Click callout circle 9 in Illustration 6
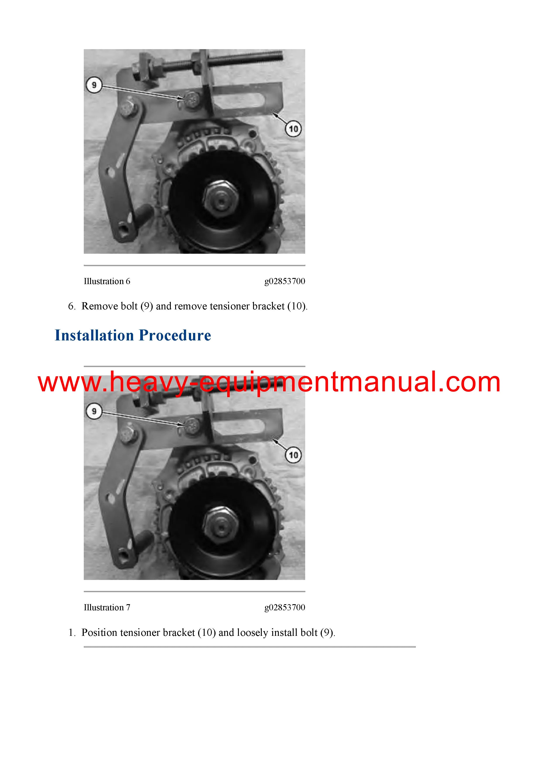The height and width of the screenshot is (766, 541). coord(94,85)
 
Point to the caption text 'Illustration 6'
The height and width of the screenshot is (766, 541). coord(107,281)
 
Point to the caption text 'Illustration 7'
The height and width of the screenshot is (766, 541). coord(107,607)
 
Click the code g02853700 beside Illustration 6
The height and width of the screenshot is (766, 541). coord(285,281)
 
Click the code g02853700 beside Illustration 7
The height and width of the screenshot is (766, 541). coord(285,607)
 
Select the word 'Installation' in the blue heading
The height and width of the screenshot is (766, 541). coord(94,335)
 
